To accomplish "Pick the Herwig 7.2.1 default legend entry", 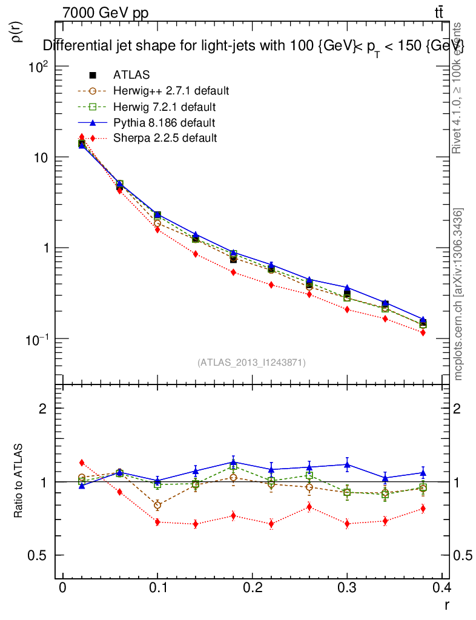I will coord(164,107).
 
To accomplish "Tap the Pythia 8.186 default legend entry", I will coord(164,123).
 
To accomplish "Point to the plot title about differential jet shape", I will coord(253,47).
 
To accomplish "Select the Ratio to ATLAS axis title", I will coord(18,482).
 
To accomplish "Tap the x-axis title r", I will coord(446,604).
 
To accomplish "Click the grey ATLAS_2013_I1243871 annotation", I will coord(251,362).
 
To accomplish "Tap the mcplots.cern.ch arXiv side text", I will coord(459,294).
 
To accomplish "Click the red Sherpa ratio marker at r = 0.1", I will coord(157,522).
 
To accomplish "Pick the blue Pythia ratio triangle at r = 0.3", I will coord(347,465).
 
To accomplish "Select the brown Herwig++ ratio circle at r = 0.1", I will coord(157,505).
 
